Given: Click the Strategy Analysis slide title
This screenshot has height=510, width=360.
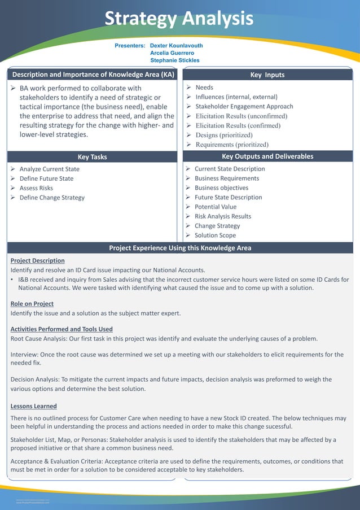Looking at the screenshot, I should pyautogui.click(x=179, y=19).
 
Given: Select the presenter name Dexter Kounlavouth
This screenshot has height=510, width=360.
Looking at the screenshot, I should pyautogui.click(x=176, y=46).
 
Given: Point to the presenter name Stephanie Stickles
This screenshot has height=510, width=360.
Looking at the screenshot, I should pyautogui.click(x=174, y=60).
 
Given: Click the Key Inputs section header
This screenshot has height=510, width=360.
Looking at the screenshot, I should pyautogui.click(x=267, y=75).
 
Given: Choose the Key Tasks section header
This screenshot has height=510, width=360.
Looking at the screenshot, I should pyautogui.click(x=92, y=157).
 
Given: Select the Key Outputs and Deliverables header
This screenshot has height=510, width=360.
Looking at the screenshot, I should pyautogui.click(x=267, y=156).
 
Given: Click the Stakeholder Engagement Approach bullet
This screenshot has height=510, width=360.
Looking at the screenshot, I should pyautogui.click(x=244, y=107).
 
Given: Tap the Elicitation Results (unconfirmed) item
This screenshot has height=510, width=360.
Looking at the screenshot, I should pyautogui.click(x=241, y=116).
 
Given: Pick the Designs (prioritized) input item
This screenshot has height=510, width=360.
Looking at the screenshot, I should pyautogui.click(x=224, y=136).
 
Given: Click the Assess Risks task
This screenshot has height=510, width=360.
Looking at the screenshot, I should pyautogui.click(x=36, y=188).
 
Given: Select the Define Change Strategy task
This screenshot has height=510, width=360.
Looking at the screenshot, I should pyautogui.click(x=52, y=198).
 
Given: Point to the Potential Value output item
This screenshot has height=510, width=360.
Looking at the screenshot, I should pyautogui.click(x=216, y=207).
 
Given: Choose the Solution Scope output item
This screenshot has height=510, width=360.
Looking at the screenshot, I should pyautogui.click(x=215, y=236).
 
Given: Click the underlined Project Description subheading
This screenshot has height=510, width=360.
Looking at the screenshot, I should pyautogui.click(x=37, y=261).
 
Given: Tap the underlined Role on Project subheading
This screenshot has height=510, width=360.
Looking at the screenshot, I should pyautogui.click(x=32, y=304).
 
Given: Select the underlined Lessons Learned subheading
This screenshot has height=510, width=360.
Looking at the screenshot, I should pyautogui.click(x=34, y=406).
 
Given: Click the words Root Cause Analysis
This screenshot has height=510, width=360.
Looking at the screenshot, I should pyautogui.click(x=38, y=339).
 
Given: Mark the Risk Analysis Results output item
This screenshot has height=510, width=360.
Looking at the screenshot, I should pyautogui.click(x=222, y=216).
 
